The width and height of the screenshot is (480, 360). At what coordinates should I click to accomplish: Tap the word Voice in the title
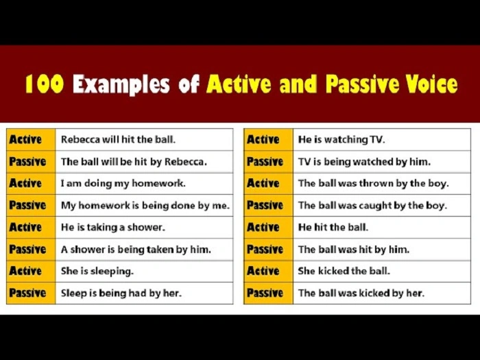[x=429, y=84]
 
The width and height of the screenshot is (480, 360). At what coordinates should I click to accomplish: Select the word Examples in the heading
[x=122, y=84]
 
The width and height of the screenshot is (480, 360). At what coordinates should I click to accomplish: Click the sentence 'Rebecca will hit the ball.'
[x=118, y=139]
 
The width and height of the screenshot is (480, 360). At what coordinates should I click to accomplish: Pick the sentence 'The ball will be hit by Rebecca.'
[x=133, y=162]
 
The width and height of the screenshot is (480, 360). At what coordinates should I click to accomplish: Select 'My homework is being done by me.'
[x=145, y=205]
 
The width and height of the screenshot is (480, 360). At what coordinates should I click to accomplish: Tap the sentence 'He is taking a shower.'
[x=112, y=227]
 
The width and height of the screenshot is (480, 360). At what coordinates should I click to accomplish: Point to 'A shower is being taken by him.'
[x=136, y=250]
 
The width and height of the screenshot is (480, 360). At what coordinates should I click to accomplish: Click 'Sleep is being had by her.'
[x=121, y=293]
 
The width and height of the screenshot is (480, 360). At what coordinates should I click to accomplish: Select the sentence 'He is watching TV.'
[x=341, y=139]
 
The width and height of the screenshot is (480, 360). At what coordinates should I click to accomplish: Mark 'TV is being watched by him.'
[x=364, y=162]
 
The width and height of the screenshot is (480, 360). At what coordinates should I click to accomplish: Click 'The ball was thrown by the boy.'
[x=373, y=183]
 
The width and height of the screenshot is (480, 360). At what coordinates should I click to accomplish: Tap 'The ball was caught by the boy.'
[x=372, y=205]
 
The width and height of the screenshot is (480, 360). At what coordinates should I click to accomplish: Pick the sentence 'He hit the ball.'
[x=333, y=227]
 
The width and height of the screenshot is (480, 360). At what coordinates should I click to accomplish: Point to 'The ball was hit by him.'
[x=353, y=250]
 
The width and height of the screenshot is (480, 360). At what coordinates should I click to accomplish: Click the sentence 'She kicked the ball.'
[x=344, y=271]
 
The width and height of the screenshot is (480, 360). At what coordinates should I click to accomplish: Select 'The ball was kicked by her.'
[x=361, y=293]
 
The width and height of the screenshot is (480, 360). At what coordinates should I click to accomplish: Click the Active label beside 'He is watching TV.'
[x=263, y=139]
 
